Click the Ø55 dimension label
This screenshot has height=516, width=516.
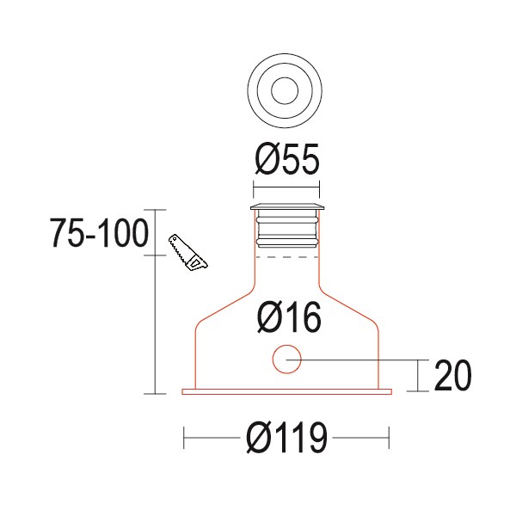point(286,160)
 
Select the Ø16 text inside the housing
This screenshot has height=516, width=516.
point(288,318)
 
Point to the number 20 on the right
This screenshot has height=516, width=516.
point(452,377)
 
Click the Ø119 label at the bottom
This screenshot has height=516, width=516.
point(286,439)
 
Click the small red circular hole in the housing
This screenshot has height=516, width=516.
point(286,359)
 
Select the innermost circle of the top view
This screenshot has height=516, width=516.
point(285,89)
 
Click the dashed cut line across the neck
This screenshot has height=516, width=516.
point(286,256)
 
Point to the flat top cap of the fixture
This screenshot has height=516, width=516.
point(286,207)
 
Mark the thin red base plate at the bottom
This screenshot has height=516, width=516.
point(286,392)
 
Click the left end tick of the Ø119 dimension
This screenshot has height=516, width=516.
point(185,439)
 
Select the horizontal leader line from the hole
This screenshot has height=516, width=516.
point(357,359)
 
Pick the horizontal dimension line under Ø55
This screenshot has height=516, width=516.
point(286,188)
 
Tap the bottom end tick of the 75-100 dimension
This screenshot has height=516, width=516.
point(154,394)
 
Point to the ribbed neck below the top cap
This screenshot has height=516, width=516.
point(286,230)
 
